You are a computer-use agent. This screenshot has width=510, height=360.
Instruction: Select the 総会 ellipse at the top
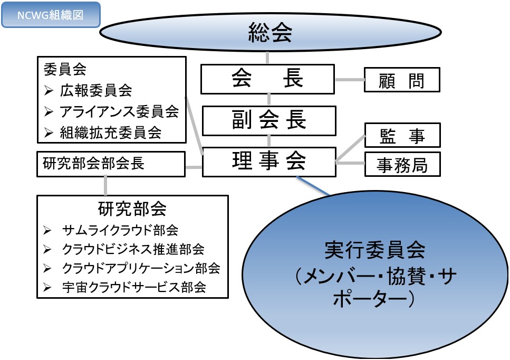coord(270,33)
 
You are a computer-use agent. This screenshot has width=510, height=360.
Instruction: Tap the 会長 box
coord(268,79)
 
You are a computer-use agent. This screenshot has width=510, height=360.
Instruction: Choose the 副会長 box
coord(269,120)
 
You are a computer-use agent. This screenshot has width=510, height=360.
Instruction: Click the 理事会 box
coord(269,162)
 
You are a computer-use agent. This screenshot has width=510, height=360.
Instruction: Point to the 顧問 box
coord(402,80)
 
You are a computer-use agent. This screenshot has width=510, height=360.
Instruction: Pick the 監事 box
coord(402,136)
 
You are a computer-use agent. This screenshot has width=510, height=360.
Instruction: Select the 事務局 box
coord(402,164)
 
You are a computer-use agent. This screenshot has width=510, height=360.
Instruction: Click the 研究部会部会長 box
coord(111,164)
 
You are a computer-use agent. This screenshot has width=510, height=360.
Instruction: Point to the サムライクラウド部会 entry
coord(120,230)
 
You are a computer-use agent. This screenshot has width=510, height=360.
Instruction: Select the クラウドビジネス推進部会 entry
coord(133,249)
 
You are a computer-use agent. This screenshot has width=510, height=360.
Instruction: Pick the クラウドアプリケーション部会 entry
coord(141,268)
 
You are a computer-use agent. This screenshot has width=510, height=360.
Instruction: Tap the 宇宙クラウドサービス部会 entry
coord(133,287)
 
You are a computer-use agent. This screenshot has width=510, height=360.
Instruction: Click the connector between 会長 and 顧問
coord(350,80)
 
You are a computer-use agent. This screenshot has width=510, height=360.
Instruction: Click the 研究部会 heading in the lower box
coord(132,209)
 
